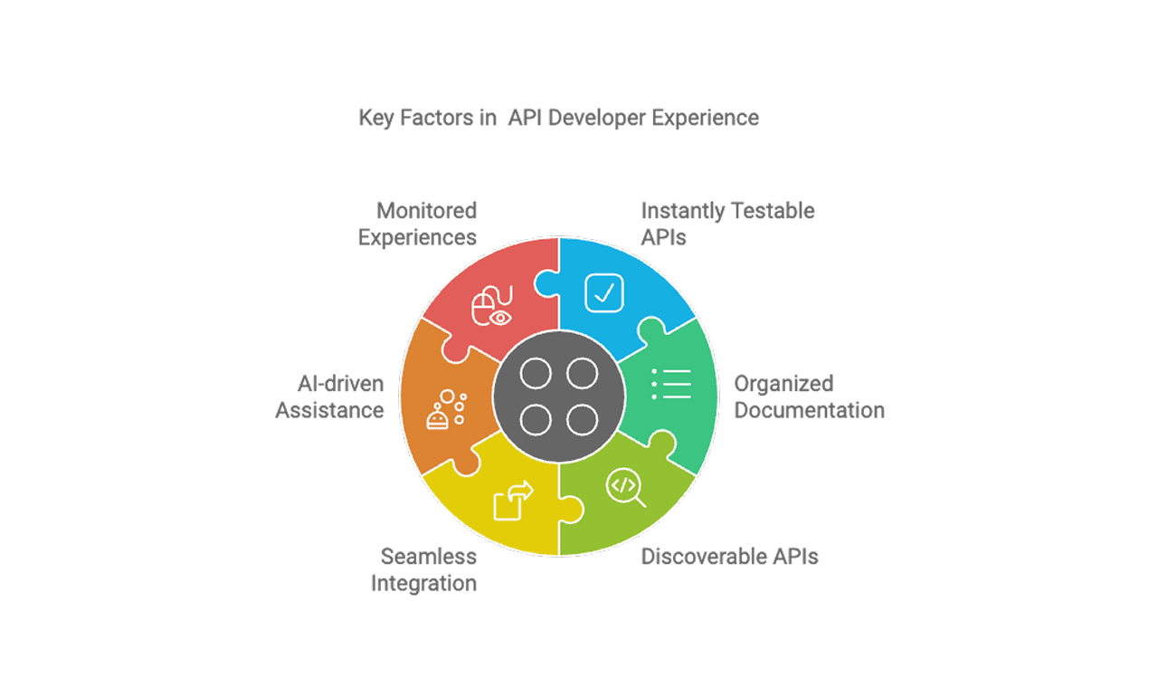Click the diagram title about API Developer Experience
pyautogui.click(x=558, y=118)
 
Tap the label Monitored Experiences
pyautogui.click(x=417, y=225)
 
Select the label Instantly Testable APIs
pyautogui.click(x=727, y=225)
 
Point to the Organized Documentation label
pyautogui.click(x=809, y=397)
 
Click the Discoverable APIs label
pyautogui.click(x=729, y=557)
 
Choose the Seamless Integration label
pyautogui.click(x=424, y=569)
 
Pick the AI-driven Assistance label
pyautogui.click(x=330, y=397)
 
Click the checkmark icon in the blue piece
pyautogui.click(x=603, y=291)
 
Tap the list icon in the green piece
pyautogui.click(x=671, y=385)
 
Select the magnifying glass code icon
pyautogui.click(x=625, y=487)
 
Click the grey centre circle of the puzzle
pyautogui.click(x=559, y=397)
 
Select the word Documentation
pyautogui.click(x=809, y=410)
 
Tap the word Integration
pyautogui.click(x=424, y=583)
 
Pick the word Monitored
pyautogui.click(x=426, y=211)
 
